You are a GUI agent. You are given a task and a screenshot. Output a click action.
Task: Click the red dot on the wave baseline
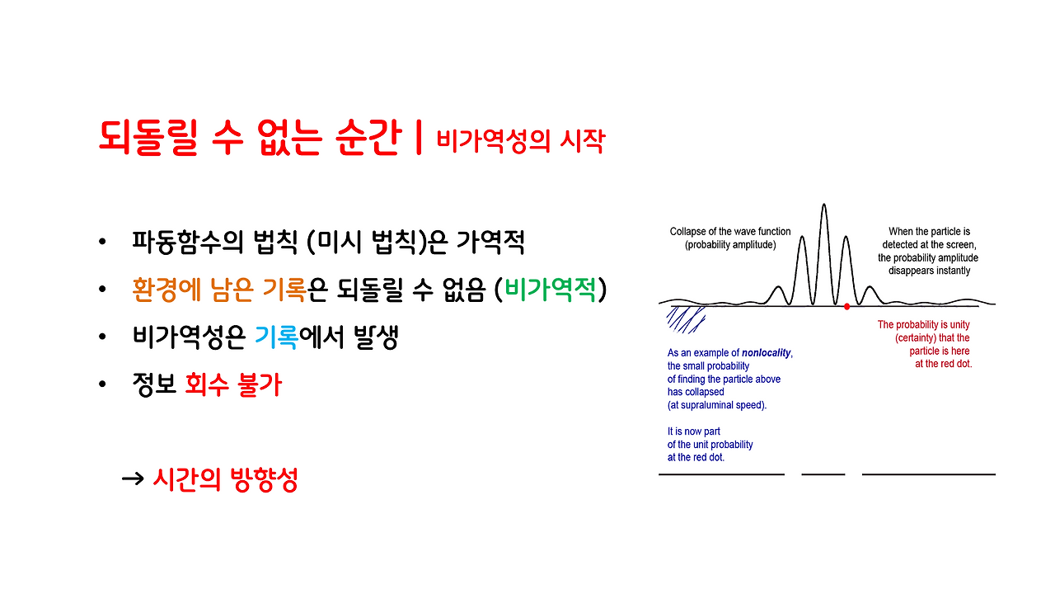click(x=846, y=306)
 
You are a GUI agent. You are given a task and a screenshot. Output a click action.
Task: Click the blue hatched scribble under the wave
click(x=685, y=318)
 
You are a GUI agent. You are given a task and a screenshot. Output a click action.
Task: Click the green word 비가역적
click(x=555, y=290)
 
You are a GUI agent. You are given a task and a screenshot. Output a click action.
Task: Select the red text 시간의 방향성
click(x=224, y=479)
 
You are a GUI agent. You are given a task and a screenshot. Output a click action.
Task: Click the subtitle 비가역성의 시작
click(x=520, y=140)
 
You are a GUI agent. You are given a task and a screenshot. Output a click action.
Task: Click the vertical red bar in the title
click(x=419, y=137)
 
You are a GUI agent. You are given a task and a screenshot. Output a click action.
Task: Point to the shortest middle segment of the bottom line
click(x=823, y=474)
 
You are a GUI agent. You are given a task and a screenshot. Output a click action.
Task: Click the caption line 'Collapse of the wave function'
click(x=729, y=232)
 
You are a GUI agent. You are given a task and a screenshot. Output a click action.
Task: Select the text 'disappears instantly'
click(x=928, y=271)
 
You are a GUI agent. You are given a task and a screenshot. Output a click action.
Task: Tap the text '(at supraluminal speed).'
click(x=717, y=405)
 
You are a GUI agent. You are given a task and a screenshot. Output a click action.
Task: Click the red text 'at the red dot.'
click(x=943, y=364)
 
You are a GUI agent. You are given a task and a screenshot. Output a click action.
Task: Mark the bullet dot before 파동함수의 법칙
click(x=102, y=243)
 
